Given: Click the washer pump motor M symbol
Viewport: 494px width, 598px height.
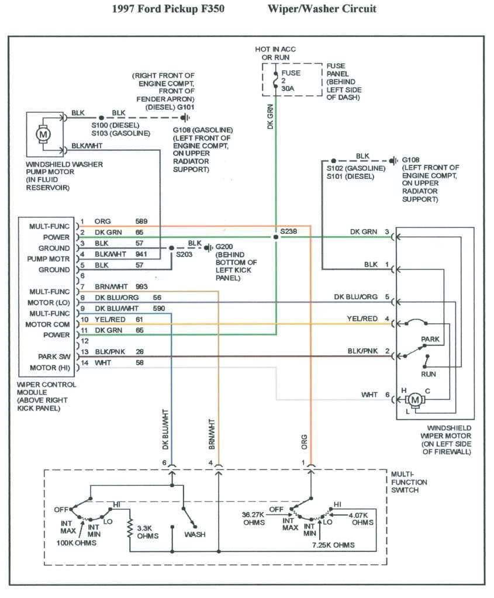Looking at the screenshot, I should pos(43,134).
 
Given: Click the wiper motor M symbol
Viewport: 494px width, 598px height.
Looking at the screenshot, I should pos(416,399).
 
